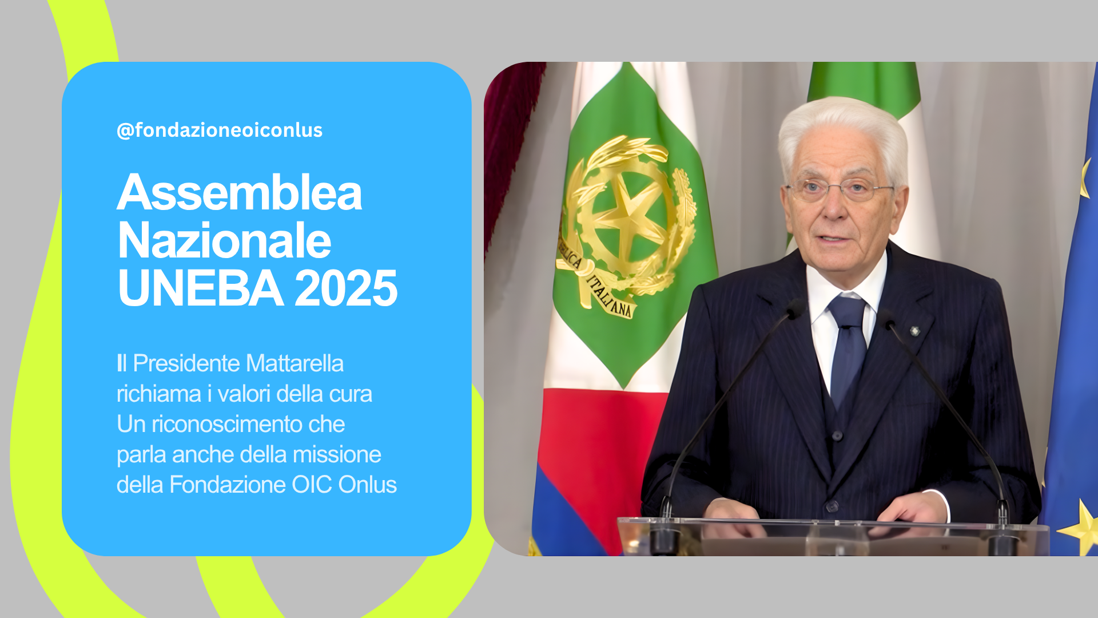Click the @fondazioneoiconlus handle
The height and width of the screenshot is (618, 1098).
220,130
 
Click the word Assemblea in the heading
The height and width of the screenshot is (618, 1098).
240,192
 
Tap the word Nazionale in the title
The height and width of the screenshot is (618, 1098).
224,240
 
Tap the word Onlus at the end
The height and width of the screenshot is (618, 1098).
367,485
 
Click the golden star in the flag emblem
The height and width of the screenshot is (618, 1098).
629,223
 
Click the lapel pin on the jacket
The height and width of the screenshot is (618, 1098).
914,331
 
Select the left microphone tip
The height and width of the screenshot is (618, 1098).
795,310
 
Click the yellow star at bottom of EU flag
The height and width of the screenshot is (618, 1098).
1081,526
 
